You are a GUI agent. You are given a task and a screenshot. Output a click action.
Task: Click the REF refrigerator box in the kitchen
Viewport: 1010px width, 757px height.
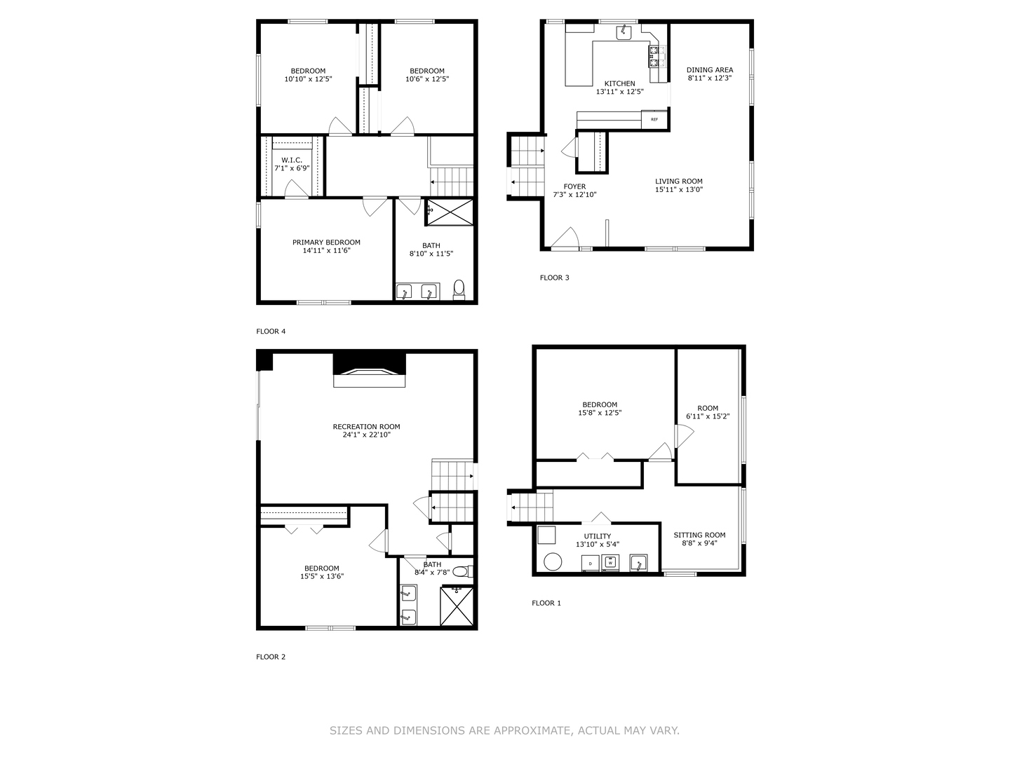[654, 119]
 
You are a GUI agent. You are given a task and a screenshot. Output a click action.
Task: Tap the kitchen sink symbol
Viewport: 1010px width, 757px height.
[624, 33]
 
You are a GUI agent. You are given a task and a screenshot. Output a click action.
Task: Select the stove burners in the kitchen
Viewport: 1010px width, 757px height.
[657, 56]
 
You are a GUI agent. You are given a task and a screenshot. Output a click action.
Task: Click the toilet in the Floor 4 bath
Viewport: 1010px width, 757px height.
[459, 290]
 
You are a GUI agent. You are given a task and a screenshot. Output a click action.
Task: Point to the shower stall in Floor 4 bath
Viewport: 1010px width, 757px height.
[450, 212]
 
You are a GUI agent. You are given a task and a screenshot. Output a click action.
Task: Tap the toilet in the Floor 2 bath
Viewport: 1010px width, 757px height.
[462, 572]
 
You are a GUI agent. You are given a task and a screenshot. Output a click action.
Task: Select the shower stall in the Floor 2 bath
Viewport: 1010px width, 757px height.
[457, 606]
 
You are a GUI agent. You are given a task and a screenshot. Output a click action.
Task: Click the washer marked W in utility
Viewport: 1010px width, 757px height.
[610, 563]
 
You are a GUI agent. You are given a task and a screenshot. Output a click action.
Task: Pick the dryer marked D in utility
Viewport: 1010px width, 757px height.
[591, 563]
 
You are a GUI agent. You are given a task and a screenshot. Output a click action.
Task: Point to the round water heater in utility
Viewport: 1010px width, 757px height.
[553, 561]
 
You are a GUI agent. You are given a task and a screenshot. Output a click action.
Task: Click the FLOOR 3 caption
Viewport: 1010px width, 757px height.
[555, 278]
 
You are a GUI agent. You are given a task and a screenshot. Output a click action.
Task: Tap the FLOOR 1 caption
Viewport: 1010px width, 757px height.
[546, 603]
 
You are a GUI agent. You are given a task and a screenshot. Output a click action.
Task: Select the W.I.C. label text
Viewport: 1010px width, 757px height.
[292, 160]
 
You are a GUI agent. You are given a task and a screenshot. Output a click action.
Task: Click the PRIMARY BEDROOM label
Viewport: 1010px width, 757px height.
[326, 243]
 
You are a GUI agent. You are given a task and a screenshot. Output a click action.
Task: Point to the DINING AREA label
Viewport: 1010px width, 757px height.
[710, 70]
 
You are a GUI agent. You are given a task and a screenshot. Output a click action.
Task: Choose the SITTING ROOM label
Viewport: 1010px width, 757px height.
[699, 535]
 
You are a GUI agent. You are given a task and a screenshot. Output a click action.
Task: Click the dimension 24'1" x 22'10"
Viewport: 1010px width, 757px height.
[366, 435]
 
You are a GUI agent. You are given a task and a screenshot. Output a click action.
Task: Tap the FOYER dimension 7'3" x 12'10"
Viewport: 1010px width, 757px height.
[574, 194]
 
